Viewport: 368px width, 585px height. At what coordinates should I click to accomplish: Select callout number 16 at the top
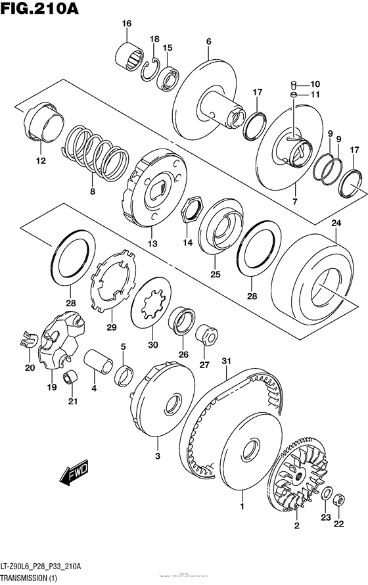click(x=126, y=24)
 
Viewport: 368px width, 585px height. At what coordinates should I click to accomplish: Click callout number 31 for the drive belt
click(x=226, y=360)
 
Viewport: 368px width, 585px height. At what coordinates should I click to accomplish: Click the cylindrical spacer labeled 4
click(x=99, y=361)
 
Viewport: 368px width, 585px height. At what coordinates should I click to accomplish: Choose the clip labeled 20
click(x=26, y=340)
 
